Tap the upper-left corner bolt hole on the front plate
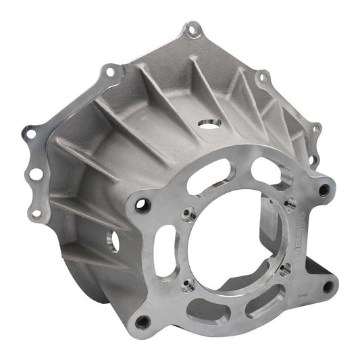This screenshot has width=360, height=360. pyautogui.click(x=142, y=207)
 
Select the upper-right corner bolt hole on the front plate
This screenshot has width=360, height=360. pyautogui.click(x=324, y=190)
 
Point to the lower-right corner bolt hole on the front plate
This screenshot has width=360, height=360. pyautogui.click(x=328, y=288)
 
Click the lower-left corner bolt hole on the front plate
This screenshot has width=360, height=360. pyautogui.click(x=143, y=322)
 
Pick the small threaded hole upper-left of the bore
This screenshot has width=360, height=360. pyautogui.click(x=191, y=215)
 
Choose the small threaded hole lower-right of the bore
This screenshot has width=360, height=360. pyautogui.click(x=284, y=269)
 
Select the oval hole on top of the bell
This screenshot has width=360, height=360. pyautogui.click(x=209, y=124)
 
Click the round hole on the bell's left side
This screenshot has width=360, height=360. pyautogui.click(x=111, y=240)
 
